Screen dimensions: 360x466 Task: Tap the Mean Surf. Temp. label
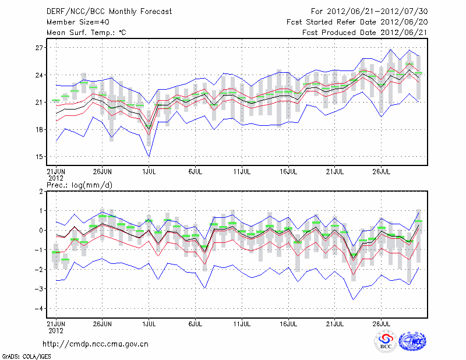click(86, 33)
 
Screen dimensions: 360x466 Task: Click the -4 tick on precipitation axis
click(40, 309)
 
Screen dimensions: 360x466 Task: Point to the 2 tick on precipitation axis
click(42, 191)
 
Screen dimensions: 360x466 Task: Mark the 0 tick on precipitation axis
click(42, 231)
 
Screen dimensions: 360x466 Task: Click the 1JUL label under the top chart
click(149, 172)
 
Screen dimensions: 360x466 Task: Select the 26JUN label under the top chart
click(103, 172)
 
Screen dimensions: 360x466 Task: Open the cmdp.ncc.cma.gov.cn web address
click(96, 344)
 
